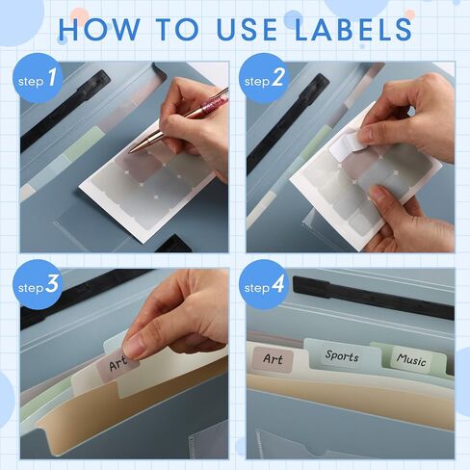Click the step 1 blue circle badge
pos(38,78)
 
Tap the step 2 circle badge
pos(265,78)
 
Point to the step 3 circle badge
pos(38,284)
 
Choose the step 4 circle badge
pos(265,284)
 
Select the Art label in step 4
pos(273,359)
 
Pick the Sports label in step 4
pos(342,355)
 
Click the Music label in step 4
pos(411,359)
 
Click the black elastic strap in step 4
pos(374,297)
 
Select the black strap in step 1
pos(65,110)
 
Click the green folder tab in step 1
pos(83,144)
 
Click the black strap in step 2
pos(288,123)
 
